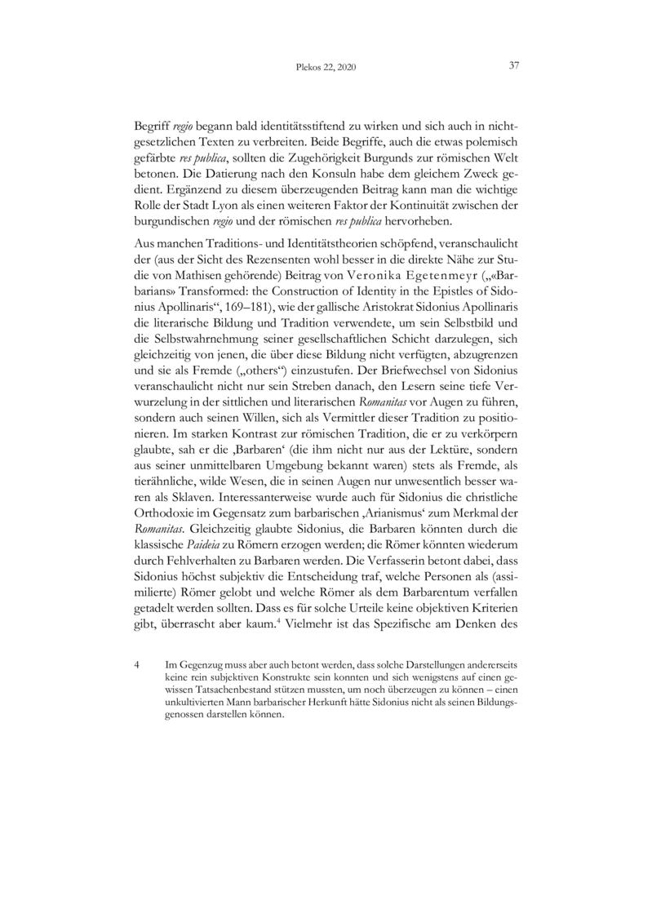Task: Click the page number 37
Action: click(x=514, y=66)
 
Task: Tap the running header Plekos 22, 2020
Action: click(x=326, y=68)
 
